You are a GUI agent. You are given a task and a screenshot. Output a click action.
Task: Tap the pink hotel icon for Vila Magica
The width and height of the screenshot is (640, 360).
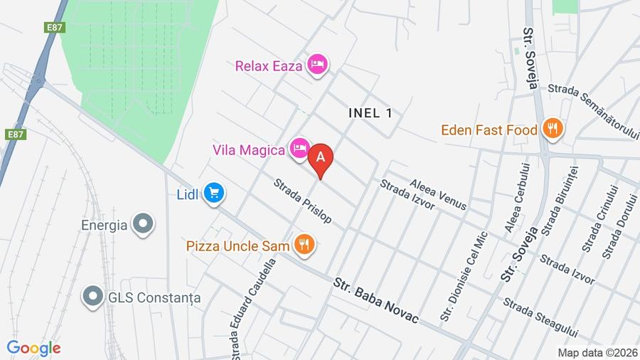click(x=299, y=149)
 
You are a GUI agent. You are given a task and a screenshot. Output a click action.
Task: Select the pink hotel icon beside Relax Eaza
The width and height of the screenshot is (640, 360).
click(x=317, y=65)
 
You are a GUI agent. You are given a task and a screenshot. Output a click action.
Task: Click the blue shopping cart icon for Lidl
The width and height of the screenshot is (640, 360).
click(x=213, y=193)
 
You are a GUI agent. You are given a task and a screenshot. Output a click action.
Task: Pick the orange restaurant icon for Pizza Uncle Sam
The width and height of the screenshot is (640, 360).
click(x=305, y=245)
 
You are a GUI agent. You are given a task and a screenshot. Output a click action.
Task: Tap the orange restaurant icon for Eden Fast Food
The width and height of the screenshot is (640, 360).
click(x=552, y=129)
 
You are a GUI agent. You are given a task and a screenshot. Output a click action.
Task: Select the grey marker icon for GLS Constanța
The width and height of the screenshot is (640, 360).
click(x=92, y=297)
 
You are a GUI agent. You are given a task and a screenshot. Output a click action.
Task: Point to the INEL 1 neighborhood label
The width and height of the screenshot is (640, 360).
click(x=370, y=112)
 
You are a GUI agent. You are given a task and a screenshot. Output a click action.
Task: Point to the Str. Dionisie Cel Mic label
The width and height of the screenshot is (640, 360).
click(x=464, y=276)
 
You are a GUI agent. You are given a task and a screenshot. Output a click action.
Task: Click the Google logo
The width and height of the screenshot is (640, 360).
click(x=33, y=348)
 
